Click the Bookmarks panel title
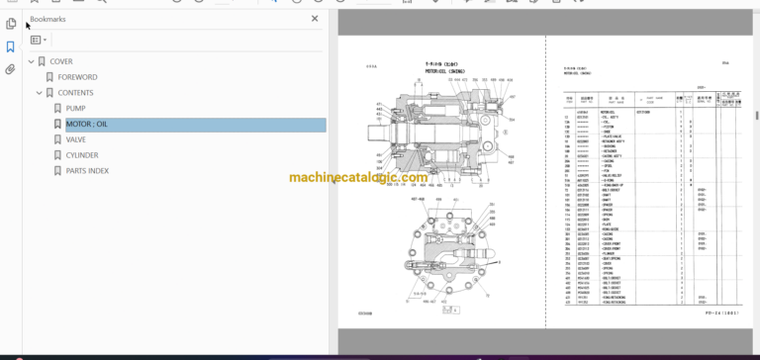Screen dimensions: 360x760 pos(48,19)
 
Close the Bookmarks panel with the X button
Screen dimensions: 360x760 pos(315,19)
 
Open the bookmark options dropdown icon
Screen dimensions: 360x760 pos(39,41)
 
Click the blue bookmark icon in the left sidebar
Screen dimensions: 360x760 pos(11,46)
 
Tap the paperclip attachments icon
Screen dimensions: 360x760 pos(11,69)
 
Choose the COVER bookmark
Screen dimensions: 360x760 pos(60,61)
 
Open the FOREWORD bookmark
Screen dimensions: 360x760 pos(77,77)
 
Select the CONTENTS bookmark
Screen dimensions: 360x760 pos(75,93)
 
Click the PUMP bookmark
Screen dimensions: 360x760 pos(75,109)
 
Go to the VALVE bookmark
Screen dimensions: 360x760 pos(76,139)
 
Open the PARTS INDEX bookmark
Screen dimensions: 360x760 pos(88,171)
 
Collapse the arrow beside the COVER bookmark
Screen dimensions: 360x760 pos(31,61)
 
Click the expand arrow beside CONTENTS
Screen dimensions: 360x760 pos(41,93)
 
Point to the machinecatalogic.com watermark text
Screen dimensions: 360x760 pos(358,179)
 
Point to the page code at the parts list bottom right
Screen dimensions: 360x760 pos(719,316)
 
